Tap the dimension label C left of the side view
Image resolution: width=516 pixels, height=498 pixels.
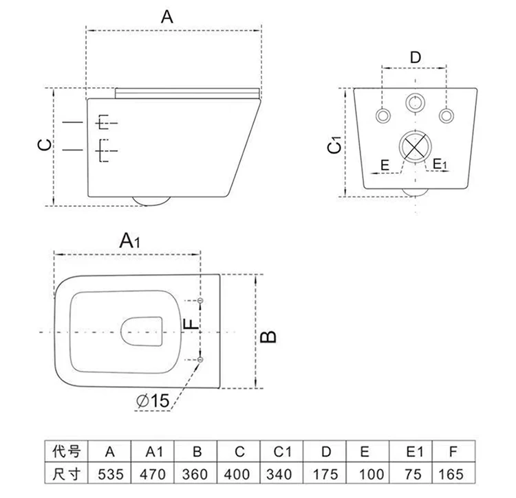point(43,145)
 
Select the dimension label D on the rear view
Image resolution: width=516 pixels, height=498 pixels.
point(415,58)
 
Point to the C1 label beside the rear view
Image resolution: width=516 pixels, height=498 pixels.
point(333,146)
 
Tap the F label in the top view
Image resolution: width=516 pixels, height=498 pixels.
point(194,322)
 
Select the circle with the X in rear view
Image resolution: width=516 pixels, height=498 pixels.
point(415,147)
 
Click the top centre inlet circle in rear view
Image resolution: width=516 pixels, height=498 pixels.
point(415,104)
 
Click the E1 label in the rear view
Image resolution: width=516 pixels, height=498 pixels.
point(440,165)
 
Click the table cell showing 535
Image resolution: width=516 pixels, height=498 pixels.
point(110,474)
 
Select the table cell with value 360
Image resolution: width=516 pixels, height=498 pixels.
point(196,474)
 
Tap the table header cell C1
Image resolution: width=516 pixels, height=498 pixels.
point(282,452)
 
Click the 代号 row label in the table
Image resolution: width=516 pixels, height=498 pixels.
point(67,452)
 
